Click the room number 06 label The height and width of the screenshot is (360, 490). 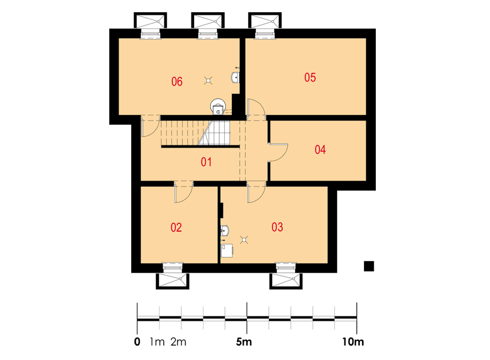pyautogui.click(x=176, y=82)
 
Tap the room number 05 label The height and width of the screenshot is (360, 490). pyautogui.click(x=310, y=77)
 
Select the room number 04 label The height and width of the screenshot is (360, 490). pyautogui.click(x=320, y=150)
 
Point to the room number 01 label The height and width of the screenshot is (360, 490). pyautogui.click(x=206, y=162)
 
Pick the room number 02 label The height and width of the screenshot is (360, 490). pyautogui.click(x=176, y=227)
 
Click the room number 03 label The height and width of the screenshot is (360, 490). pyautogui.click(x=277, y=227)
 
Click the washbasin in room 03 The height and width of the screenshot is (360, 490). pyautogui.click(x=225, y=231)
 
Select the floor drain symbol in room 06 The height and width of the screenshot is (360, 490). pyautogui.click(x=208, y=81)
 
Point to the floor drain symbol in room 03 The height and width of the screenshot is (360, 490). pyautogui.click(x=244, y=240)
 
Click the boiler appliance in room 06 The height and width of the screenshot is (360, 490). pyautogui.click(x=218, y=107)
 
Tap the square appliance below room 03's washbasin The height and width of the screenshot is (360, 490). pyautogui.click(x=227, y=251)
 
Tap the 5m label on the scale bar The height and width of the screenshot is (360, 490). pyautogui.click(x=244, y=342)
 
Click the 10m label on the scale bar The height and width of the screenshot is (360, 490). pyautogui.click(x=353, y=342)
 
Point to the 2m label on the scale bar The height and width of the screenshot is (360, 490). pyautogui.click(x=178, y=342)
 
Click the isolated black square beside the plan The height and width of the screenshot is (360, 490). pyautogui.click(x=369, y=266)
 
